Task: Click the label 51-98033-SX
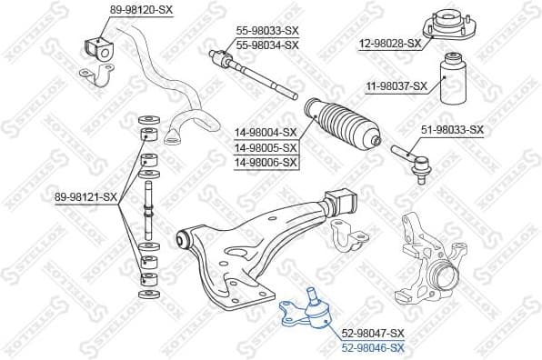[x=451, y=130]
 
